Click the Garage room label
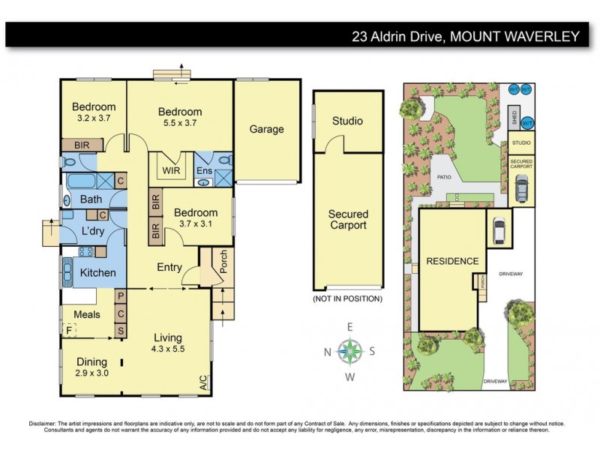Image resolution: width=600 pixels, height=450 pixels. [267, 129]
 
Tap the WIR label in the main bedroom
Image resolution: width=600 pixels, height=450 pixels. [172, 170]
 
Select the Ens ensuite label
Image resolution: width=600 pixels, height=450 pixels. [204, 171]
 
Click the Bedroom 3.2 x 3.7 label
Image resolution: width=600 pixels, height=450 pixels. [94, 112]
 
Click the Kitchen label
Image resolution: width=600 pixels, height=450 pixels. [98, 273]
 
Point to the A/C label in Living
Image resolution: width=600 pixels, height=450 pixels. [204, 383]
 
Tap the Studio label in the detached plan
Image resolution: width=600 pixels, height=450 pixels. [347, 121]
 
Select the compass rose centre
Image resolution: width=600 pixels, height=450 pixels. [348, 349]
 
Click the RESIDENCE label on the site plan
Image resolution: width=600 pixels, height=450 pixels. [452, 262]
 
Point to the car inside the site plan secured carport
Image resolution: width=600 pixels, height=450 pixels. [521, 188]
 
